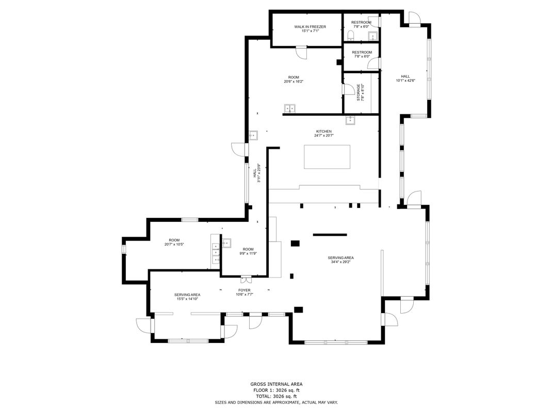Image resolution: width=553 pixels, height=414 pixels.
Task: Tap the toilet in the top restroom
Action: pyautogui.click(x=351, y=34)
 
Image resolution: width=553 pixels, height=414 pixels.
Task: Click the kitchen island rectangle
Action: pyautogui.click(x=327, y=157)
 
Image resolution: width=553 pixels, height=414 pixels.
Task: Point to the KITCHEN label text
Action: pyautogui.click(x=323, y=131)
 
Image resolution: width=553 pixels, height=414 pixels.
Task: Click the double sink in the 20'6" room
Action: pyautogui.click(x=290, y=108)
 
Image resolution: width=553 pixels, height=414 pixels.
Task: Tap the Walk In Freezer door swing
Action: pyautogui.click(x=301, y=52)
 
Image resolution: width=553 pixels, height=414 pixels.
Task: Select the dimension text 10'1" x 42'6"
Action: pyautogui.click(x=405, y=80)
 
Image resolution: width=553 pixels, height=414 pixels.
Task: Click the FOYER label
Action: pyautogui.click(x=244, y=290)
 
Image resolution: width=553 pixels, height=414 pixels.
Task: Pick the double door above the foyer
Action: pyautogui.click(x=246, y=280)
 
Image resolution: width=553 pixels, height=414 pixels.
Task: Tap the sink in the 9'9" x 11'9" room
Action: pyautogui.click(x=226, y=243)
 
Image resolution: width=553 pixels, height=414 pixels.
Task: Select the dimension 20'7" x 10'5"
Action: pyautogui.click(x=174, y=245)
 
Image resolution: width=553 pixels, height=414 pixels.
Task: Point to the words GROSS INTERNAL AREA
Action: pyautogui.click(x=276, y=384)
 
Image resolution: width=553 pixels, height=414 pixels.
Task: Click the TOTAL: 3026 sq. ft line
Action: pyautogui.click(x=276, y=396)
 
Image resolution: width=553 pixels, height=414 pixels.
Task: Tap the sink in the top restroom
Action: pyautogui.click(x=371, y=36)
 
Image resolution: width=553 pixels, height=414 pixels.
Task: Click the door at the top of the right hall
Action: pyautogui.click(x=414, y=18)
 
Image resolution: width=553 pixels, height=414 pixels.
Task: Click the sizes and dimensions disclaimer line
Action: pyautogui.click(x=276, y=402)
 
